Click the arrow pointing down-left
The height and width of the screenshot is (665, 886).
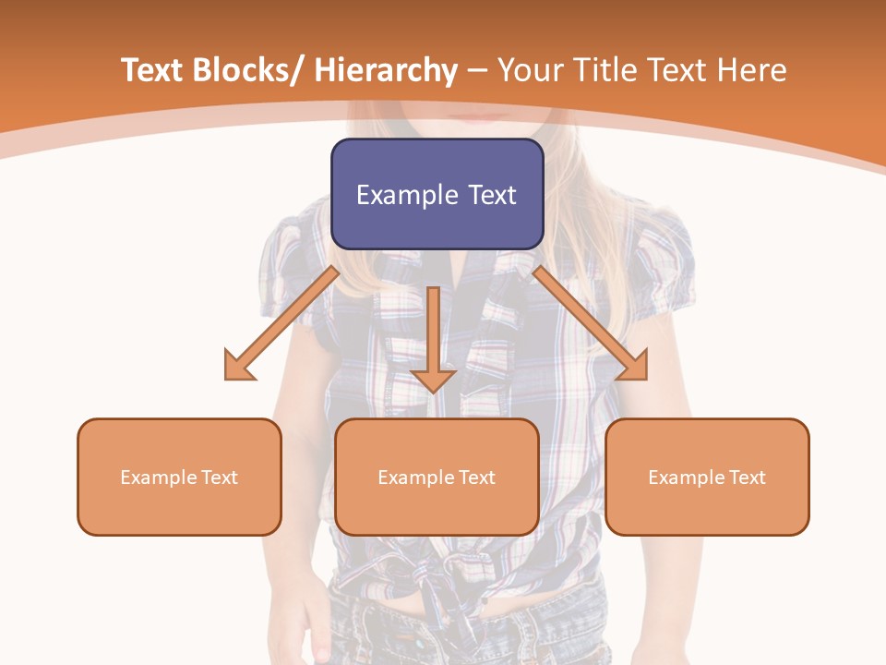(x=281, y=324)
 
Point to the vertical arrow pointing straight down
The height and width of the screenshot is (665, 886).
(x=433, y=337)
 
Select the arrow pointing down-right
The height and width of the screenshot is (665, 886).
(x=591, y=323)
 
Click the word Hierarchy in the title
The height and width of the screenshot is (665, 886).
(x=386, y=70)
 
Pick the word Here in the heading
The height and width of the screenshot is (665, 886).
(x=753, y=70)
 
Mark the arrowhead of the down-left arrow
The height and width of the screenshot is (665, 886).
(x=238, y=366)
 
